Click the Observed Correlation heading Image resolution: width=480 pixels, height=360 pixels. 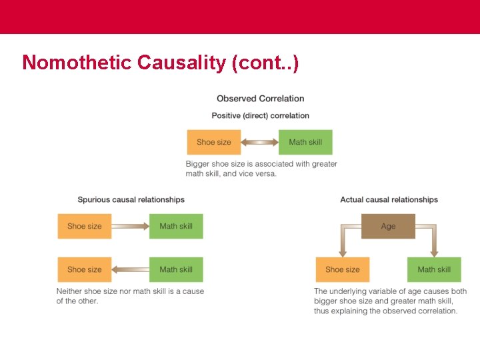[x=260, y=99]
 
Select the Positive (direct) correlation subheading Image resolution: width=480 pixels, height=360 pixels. [x=260, y=115]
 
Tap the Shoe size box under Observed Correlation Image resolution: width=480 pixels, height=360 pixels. [x=213, y=142]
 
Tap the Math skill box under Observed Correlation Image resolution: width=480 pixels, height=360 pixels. [x=305, y=142]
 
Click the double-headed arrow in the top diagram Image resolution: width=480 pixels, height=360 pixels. [x=259, y=142]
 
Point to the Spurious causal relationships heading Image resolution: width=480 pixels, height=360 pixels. [x=131, y=199]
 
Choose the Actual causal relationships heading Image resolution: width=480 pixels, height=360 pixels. [x=389, y=199]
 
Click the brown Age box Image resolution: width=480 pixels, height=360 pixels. [x=388, y=226]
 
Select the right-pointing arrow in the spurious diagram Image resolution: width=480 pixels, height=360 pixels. [x=130, y=226]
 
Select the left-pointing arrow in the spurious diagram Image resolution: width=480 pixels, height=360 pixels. [x=130, y=269]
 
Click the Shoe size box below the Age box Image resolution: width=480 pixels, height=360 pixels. [x=343, y=269]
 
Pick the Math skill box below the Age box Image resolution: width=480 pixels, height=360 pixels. [x=434, y=269]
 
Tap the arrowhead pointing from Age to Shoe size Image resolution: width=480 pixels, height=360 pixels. [x=343, y=252]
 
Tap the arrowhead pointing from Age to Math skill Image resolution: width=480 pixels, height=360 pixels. [x=434, y=252]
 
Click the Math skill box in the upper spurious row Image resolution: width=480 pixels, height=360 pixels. [x=176, y=226]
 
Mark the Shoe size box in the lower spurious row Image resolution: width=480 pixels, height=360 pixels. [x=85, y=269]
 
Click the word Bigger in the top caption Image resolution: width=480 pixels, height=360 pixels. [x=198, y=164]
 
